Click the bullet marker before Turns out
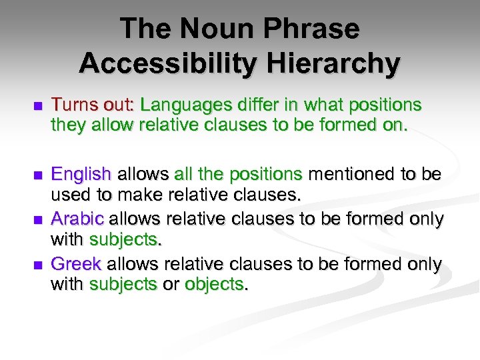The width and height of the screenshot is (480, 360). point(37,106)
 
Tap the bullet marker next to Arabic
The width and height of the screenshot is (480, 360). point(37,219)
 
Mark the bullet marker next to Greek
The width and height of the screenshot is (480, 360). point(37,265)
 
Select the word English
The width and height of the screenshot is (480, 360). point(81,175)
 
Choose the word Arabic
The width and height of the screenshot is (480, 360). point(77,219)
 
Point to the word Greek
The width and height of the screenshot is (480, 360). point(76,265)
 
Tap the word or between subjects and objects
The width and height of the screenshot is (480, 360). point(171,285)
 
